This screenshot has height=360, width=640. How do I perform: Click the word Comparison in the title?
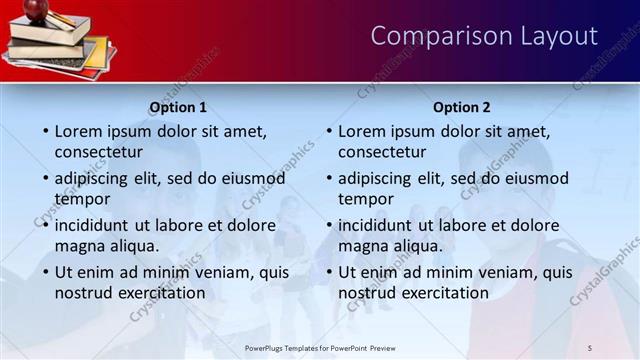pos(428,36)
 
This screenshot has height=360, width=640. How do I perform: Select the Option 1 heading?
pos(178,107)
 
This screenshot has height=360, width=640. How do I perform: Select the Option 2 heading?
pos(462,107)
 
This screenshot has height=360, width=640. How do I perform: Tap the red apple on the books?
pos(37,10)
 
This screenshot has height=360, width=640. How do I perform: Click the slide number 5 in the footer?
pos(589,347)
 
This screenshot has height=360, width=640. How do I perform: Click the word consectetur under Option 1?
pos(98,153)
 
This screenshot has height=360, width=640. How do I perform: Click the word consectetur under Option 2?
pos(382,153)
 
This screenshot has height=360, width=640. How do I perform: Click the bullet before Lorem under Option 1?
pos(45,131)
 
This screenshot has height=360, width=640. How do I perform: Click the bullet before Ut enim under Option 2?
pos(329,271)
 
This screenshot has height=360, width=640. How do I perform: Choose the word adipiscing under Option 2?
pos(374,178)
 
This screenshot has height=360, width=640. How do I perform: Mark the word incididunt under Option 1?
pos(90,225)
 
